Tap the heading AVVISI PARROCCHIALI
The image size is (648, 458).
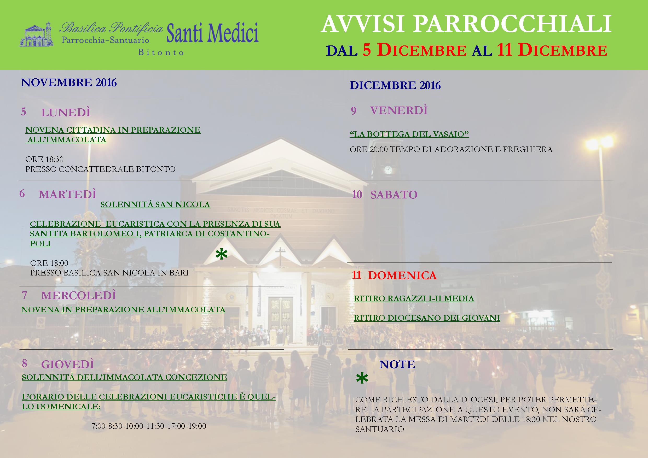466,24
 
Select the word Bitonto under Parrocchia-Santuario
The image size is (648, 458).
161,52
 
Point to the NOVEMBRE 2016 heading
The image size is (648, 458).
69,82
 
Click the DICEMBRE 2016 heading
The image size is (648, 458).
395,85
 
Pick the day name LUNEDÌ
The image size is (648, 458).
66,113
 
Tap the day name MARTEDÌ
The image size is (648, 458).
67,194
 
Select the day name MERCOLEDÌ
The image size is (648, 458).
78,295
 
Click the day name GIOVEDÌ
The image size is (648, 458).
67,364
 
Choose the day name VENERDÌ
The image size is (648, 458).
399,110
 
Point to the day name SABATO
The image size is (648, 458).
394,195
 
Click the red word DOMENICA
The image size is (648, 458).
402,275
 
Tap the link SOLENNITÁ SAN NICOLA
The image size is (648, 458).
155,204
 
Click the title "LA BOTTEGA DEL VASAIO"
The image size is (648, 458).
409,134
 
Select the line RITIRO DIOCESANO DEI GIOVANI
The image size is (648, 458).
427,318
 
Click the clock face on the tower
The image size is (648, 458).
388,169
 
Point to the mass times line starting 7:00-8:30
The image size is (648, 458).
149,426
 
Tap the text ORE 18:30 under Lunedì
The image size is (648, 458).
45,159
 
